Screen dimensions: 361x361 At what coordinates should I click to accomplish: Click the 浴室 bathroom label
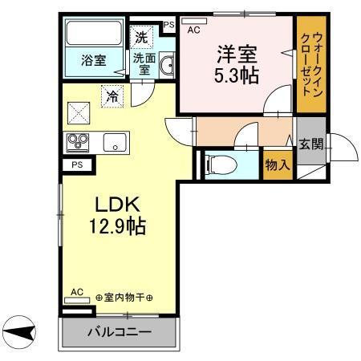(93, 59)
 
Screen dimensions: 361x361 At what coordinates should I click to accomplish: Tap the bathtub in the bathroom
(93, 34)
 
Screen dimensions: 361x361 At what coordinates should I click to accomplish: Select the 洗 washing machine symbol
(141, 36)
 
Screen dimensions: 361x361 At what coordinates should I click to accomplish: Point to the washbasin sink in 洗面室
(167, 64)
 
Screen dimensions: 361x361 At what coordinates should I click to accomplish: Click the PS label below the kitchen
(77, 165)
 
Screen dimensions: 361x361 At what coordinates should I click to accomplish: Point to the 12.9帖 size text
(116, 226)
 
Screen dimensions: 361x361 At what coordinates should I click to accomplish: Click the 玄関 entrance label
(310, 144)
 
